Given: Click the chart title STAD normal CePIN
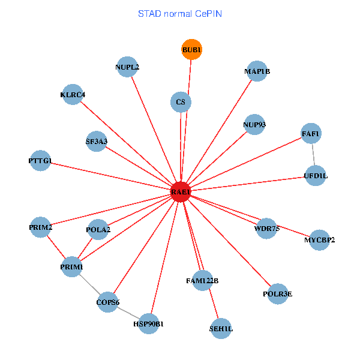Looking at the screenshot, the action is (x=180, y=13).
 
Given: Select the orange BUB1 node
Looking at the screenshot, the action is (x=191, y=49).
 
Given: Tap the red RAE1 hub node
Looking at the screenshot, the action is (x=181, y=192).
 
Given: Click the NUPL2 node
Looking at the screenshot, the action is (x=127, y=67).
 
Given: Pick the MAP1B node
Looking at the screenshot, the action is (x=257, y=71).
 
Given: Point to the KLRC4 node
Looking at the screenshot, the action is (x=73, y=94).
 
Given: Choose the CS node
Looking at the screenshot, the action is (x=181, y=102).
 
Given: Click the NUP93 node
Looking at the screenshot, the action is (x=254, y=125).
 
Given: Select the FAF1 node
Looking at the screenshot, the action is (x=311, y=133).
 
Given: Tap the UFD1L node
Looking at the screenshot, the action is (x=316, y=176).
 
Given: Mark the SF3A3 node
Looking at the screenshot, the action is (x=97, y=142).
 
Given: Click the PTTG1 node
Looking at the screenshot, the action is (x=40, y=161).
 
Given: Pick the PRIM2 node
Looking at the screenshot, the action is (x=40, y=227).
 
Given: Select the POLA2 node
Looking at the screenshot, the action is (x=98, y=229).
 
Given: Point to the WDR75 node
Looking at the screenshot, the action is (x=267, y=228).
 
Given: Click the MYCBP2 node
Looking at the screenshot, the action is (x=319, y=240).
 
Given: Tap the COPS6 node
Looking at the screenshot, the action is (x=109, y=302).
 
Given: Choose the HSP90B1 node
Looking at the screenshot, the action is (x=148, y=324).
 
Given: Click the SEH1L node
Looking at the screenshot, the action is (x=221, y=328).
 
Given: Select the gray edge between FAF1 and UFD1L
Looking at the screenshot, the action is (x=313, y=154).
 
